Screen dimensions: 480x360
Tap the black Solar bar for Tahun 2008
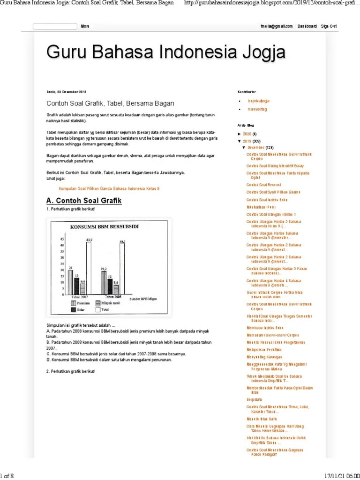[109, 287]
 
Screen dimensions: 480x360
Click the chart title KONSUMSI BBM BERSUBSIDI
[104, 227]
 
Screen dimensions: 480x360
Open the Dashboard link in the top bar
[307, 26]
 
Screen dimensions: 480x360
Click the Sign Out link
[329, 26]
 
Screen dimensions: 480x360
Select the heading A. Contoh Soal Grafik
[84, 201]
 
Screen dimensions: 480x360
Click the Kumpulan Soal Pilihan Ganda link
[109, 188]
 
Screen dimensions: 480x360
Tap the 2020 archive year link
[247, 134]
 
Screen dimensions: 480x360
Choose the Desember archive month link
[256, 148]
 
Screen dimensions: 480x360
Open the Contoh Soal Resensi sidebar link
[264, 185]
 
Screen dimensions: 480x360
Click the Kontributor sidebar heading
[247, 91]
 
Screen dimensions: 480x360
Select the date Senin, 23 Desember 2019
[67, 92]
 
